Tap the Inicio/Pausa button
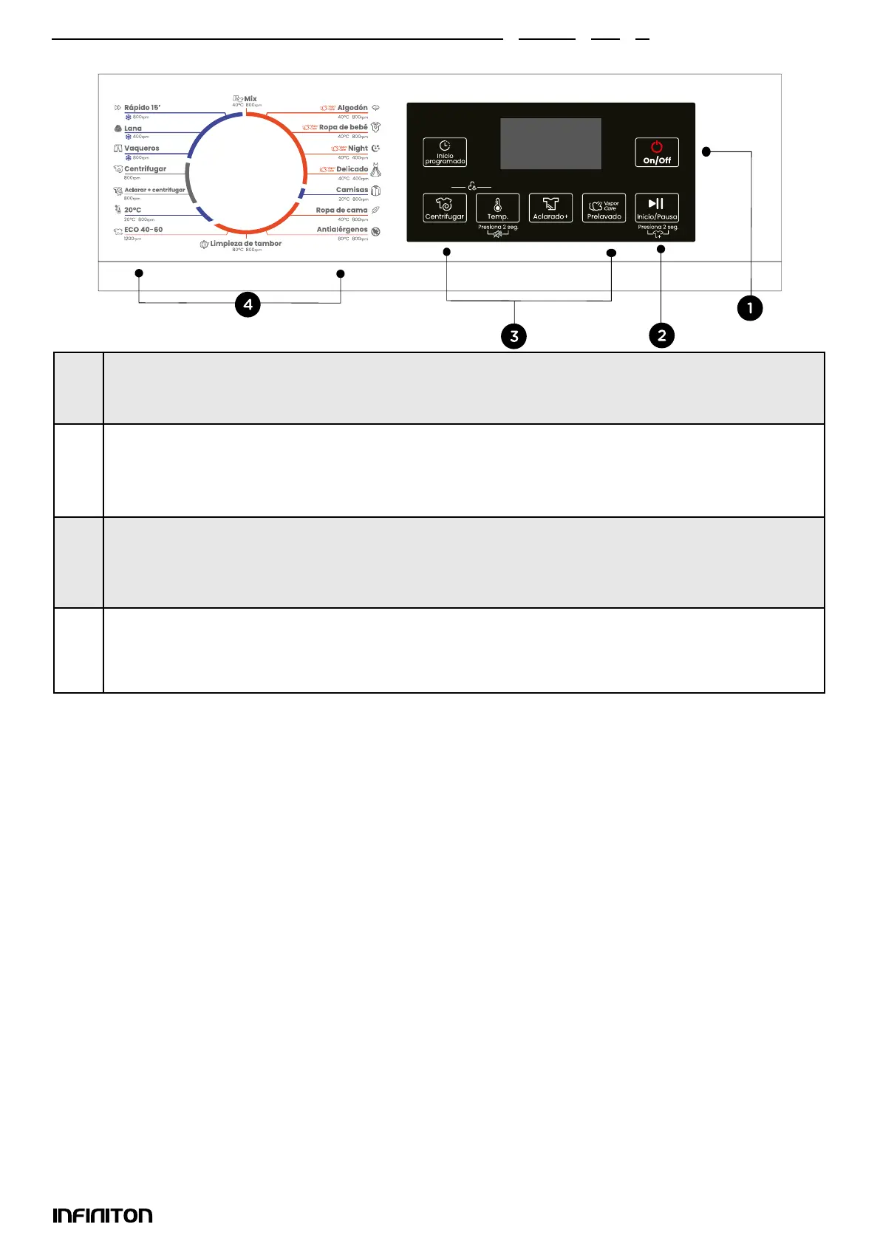657,208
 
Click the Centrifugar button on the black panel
445,208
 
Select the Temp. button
497,208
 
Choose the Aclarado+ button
550,208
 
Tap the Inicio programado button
445,152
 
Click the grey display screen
550,144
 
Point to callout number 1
750,308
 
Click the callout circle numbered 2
661,335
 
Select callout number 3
514,336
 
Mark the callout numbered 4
248,304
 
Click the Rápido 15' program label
142,108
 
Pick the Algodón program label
352,108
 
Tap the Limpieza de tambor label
245,244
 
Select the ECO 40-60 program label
143,230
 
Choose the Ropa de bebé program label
343,128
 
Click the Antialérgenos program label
342,230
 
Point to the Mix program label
250,99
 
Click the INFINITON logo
103,1215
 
